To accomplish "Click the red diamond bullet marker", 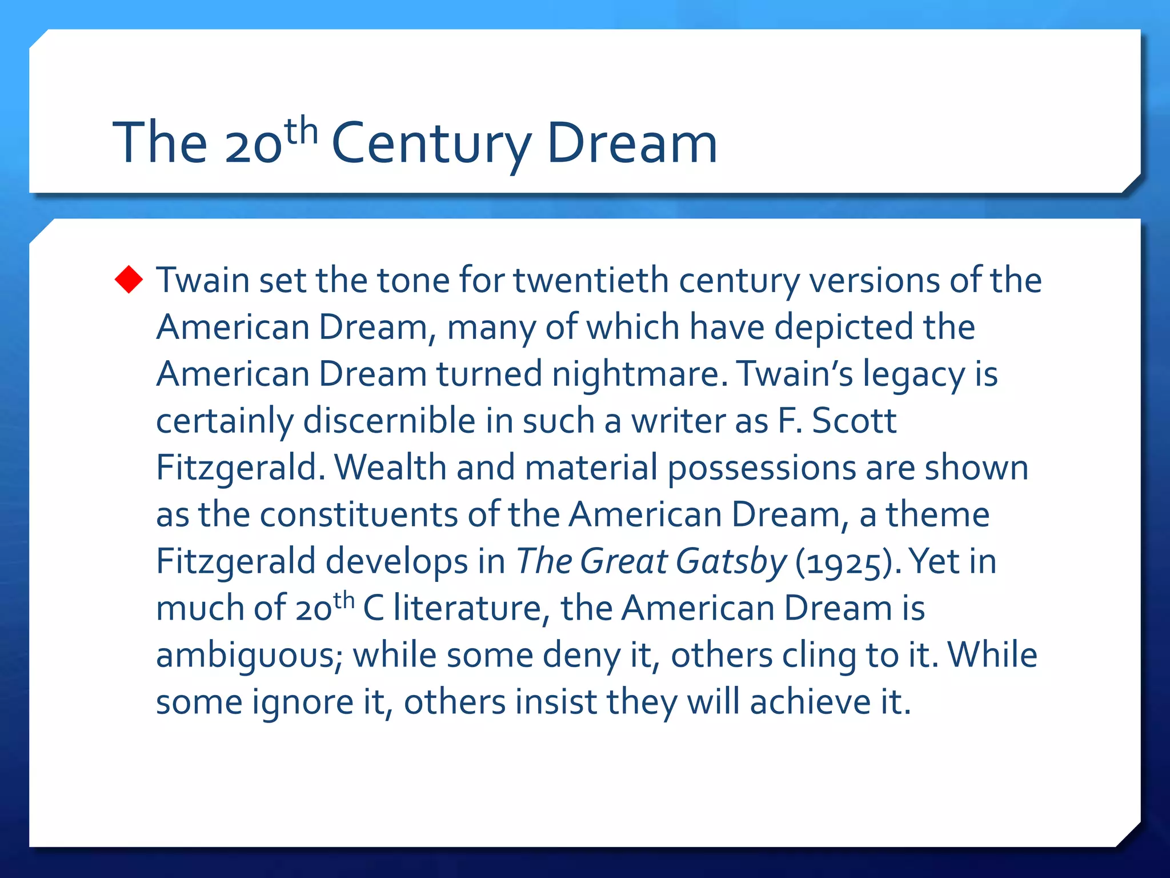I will click(129, 280).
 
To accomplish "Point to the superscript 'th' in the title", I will click(301, 131).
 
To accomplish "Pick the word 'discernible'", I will click(389, 421).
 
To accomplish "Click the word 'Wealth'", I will click(390, 468).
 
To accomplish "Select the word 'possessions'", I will click(762, 469).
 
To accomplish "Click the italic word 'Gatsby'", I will click(731, 561).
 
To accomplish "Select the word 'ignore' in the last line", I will click(303, 702).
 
